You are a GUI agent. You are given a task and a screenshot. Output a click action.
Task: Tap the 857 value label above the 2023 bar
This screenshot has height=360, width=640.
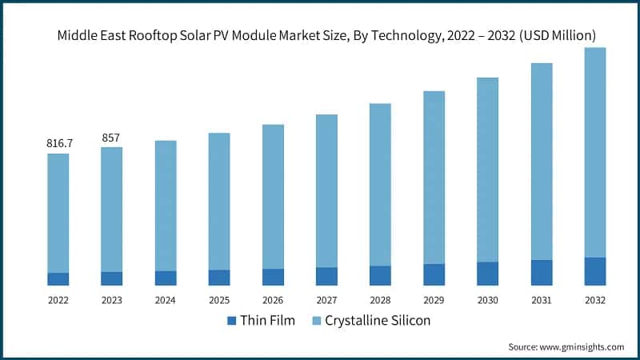pyautogui.click(x=110, y=138)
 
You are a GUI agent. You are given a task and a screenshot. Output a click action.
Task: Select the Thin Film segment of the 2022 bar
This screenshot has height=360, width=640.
pyautogui.click(x=58, y=278)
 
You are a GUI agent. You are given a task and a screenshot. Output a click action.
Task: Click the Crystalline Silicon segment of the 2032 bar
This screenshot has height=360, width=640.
pyautogui.click(x=594, y=152)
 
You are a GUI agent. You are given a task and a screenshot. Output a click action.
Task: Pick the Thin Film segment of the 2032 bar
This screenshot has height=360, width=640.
pyautogui.click(x=594, y=271)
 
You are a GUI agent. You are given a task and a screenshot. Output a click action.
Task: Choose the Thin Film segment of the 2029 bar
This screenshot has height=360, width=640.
pyautogui.click(x=434, y=274)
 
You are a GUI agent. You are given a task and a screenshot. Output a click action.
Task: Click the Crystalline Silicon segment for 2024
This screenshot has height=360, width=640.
pyautogui.click(x=166, y=206)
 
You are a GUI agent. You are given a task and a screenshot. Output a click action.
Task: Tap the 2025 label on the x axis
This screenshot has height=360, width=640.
pyautogui.click(x=218, y=300)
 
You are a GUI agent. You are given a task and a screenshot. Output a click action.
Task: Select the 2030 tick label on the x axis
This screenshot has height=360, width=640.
pyautogui.click(x=487, y=300)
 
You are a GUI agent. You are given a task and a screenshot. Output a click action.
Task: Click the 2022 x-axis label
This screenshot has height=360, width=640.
pyautogui.click(x=58, y=300)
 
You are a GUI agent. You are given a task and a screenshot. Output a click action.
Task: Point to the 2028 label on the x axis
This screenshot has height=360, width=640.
pyautogui.click(x=380, y=300)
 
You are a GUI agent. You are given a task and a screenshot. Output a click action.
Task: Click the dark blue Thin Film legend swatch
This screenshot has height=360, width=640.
pyautogui.click(x=232, y=321)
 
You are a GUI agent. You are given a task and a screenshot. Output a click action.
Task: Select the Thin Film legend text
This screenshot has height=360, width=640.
pyautogui.click(x=269, y=321)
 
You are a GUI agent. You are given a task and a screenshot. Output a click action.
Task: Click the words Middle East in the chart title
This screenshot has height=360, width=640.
pyautogui.click(x=84, y=35)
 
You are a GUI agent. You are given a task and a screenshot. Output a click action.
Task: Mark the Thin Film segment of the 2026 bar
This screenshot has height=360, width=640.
pyautogui.click(x=273, y=277)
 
